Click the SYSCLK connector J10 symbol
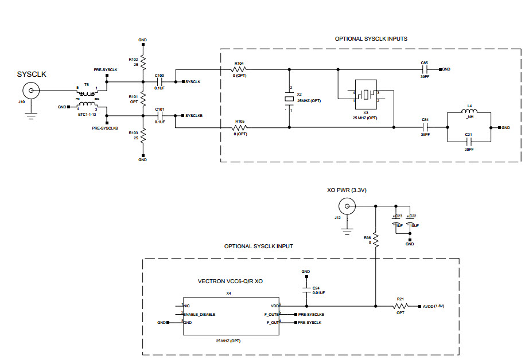click(x=30, y=90)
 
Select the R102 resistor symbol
click(x=143, y=61)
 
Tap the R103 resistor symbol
click(x=143, y=136)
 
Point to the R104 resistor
click(x=240, y=70)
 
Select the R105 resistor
click(x=240, y=127)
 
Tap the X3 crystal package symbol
click(x=366, y=95)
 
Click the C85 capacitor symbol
click(x=425, y=69)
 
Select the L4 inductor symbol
click(x=469, y=112)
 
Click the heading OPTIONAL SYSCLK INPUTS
click(x=371, y=39)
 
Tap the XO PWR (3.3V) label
click(x=346, y=190)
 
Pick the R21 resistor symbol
click(x=400, y=306)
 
